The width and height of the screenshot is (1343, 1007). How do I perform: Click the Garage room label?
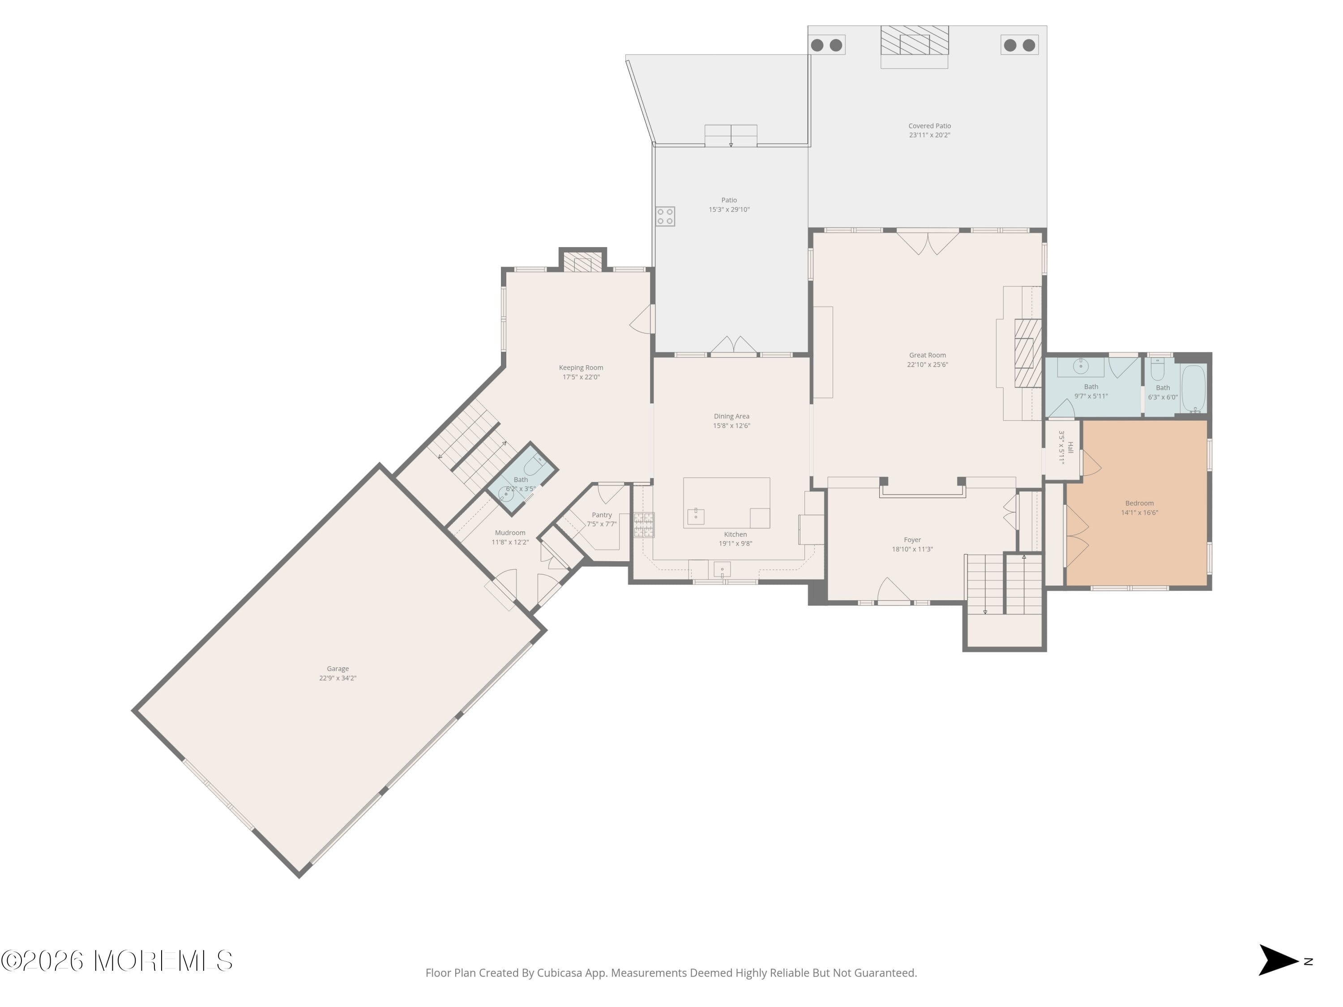[x=338, y=668]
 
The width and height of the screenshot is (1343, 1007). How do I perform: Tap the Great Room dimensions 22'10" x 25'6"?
[x=927, y=365]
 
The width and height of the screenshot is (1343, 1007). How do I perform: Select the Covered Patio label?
[x=929, y=126]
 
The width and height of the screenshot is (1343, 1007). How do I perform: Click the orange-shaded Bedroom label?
[x=1139, y=503]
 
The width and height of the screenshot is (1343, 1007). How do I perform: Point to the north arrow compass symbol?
[x=1278, y=960]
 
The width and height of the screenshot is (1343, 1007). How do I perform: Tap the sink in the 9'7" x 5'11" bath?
[x=1080, y=367]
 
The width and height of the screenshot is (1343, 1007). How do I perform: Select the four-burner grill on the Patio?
[x=665, y=217]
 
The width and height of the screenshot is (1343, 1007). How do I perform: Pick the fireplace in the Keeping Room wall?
[x=582, y=263]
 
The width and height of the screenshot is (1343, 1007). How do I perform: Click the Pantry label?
[x=602, y=515]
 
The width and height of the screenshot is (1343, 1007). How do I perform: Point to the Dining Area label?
[x=731, y=416]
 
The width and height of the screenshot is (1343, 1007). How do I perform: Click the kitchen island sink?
[x=695, y=516]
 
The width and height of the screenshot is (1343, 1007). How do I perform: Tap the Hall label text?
[x=1070, y=448]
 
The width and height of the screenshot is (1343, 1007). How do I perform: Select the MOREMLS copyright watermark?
[x=116, y=961]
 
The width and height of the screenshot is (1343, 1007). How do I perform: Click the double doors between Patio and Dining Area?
[x=733, y=346]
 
